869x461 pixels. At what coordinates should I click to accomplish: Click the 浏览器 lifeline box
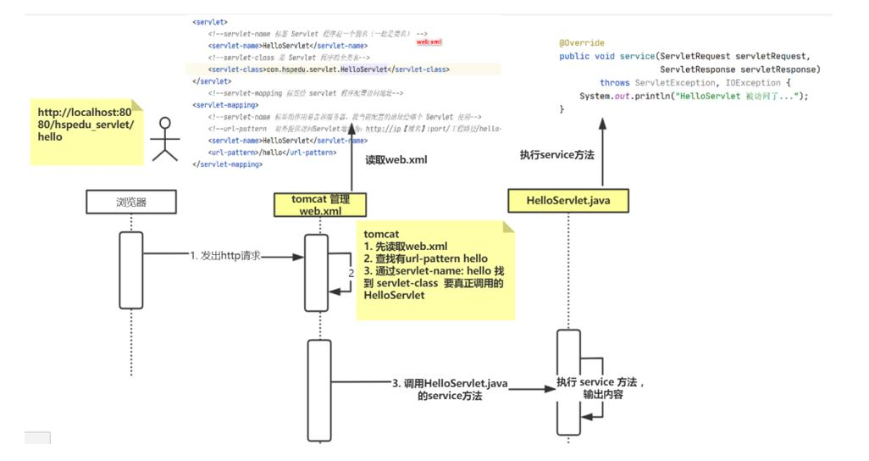coord(131,203)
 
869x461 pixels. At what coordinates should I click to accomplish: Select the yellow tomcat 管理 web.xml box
coord(319,204)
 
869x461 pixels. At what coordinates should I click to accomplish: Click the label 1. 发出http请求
coord(225,255)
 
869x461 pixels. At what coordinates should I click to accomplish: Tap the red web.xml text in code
coord(429,42)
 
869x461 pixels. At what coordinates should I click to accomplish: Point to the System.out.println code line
coord(694,97)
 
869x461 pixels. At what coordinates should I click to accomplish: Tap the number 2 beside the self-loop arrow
coord(351,273)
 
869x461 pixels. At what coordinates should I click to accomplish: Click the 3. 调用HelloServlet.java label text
coord(450,384)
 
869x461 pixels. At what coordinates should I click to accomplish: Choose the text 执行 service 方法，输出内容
coord(602,388)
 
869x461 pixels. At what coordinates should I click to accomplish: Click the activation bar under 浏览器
coord(131,269)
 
